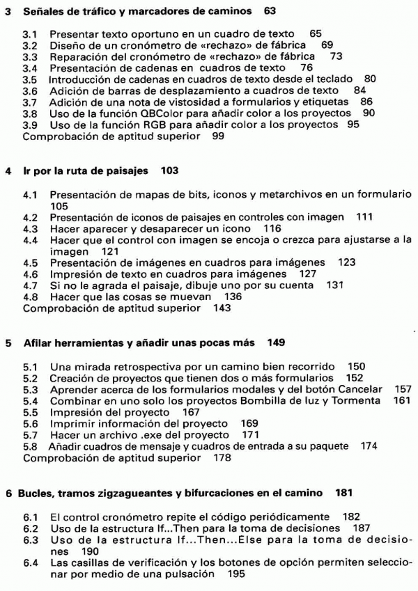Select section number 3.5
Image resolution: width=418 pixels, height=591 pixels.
point(31,79)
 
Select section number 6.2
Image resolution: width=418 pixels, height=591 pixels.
point(31,528)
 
